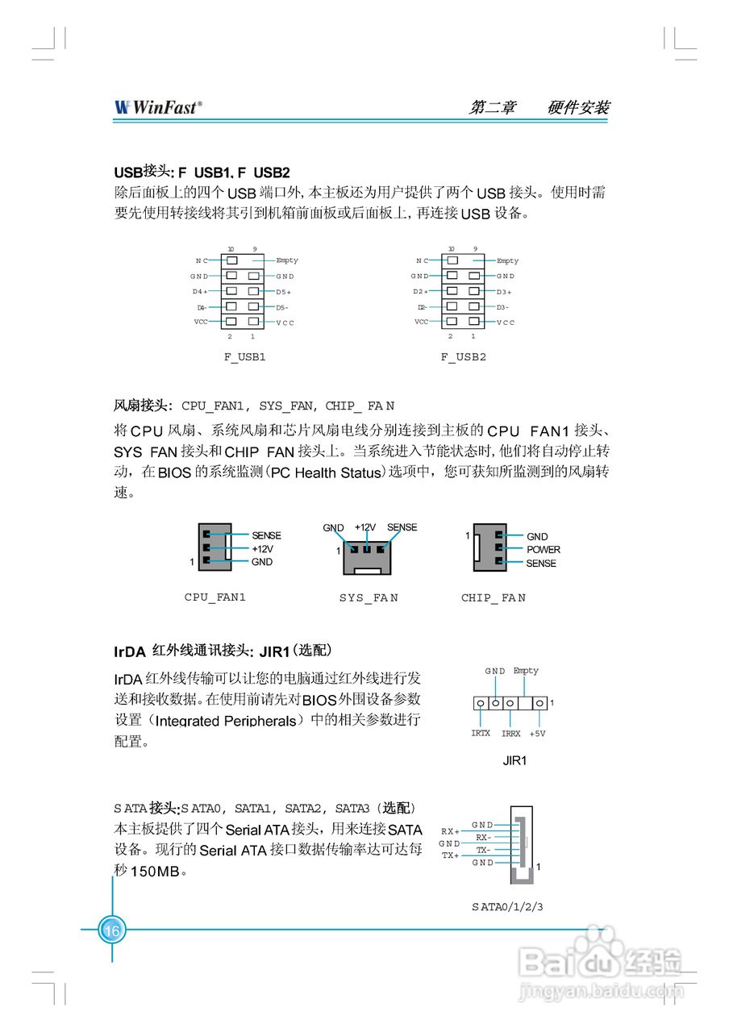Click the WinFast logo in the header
click(159, 107)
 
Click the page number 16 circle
click(111, 930)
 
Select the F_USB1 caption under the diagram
click(244, 356)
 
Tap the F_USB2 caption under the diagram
click(464, 356)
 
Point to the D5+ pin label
click(284, 292)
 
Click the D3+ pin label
click(505, 292)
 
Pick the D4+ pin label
click(199, 291)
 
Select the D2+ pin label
click(419, 291)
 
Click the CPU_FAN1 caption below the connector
click(215, 597)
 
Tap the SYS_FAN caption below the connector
click(369, 598)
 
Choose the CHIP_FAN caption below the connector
click(494, 598)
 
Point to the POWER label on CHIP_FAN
click(543, 550)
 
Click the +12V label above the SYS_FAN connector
click(365, 527)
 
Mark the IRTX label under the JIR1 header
click(481, 734)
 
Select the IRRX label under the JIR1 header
click(511, 734)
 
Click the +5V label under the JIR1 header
click(538, 734)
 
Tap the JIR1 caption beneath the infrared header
click(514, 760)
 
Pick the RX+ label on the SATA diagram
click(450, 831)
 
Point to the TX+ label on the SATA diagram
click(450, 855)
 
